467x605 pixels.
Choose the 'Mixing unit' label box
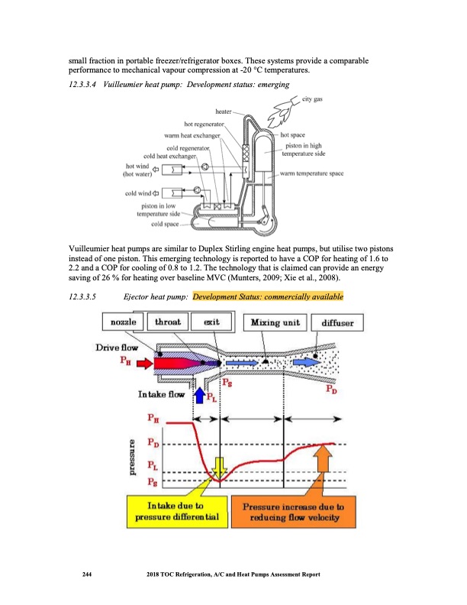coord(275,322)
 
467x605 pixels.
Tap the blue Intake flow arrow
coord(200,394)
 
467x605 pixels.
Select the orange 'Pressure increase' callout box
coord(292,511)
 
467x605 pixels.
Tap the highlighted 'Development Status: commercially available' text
coord(268,296)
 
